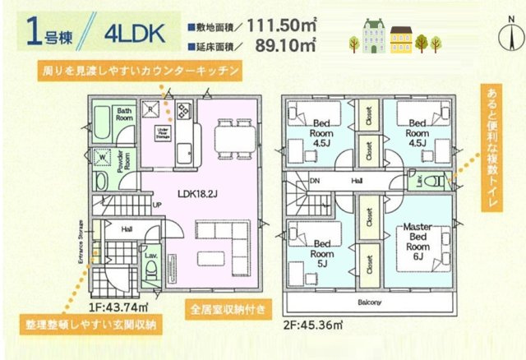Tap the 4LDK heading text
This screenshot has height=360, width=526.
(136, 34)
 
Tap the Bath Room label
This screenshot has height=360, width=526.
(123, 114)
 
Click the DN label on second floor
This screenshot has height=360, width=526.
(315, 182)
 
